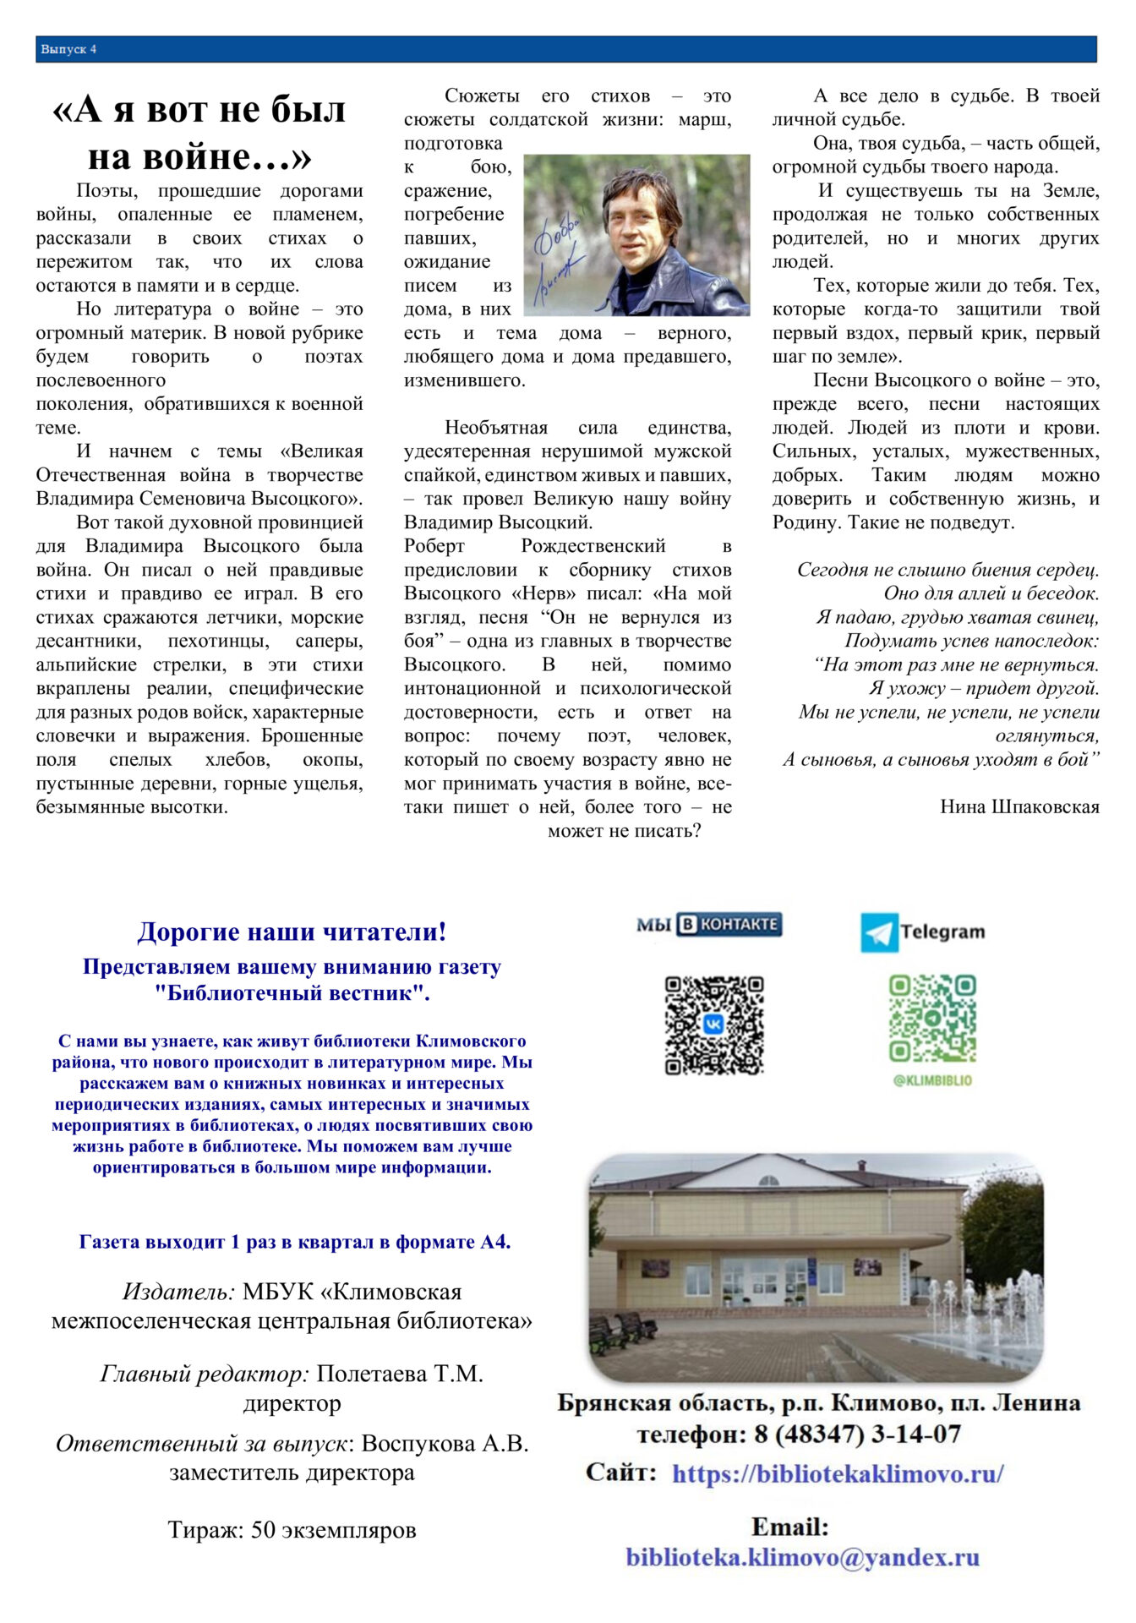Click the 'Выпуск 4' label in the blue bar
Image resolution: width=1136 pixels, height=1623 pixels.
coord(69,50)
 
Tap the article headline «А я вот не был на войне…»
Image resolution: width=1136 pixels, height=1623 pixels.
coord(199,133)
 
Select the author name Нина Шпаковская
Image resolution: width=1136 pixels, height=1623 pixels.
coord(1019,806)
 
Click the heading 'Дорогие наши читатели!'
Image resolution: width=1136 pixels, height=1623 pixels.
coord(292,932)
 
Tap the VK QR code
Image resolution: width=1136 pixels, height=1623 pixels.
coord(714,1025)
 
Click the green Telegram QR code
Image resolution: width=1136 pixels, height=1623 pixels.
coord(932,1018)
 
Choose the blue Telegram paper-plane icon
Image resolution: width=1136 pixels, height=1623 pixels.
coord(879,932)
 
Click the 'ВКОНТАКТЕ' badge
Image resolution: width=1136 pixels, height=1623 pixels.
coord(729,925)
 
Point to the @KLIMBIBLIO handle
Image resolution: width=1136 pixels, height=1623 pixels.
coord(932,1080)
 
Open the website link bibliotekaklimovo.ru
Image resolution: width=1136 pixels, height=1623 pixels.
coord(838,1473)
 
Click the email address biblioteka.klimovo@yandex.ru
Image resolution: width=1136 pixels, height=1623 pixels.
coord(802,1557)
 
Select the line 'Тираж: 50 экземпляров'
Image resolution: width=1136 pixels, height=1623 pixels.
coord(292,1530)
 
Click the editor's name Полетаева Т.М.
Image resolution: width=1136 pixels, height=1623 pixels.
coord(400,1374)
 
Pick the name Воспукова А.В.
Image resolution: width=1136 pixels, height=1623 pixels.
coord(445,1443)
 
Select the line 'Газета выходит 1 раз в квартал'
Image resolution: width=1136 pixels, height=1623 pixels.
coord(295,1242)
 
